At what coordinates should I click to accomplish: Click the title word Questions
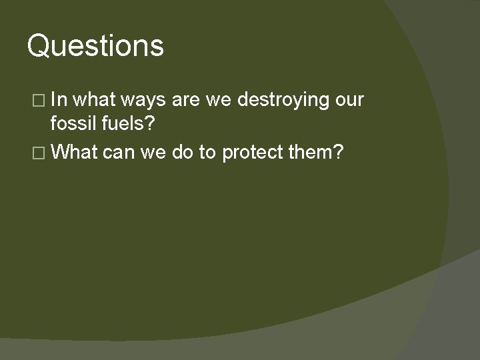(95, 47)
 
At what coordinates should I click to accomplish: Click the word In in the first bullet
(58, 100)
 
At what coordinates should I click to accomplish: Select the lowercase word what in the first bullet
(96, 100)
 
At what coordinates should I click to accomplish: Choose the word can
(119, 153)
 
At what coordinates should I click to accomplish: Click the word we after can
(154, 153)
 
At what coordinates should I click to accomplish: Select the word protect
(255, 152)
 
